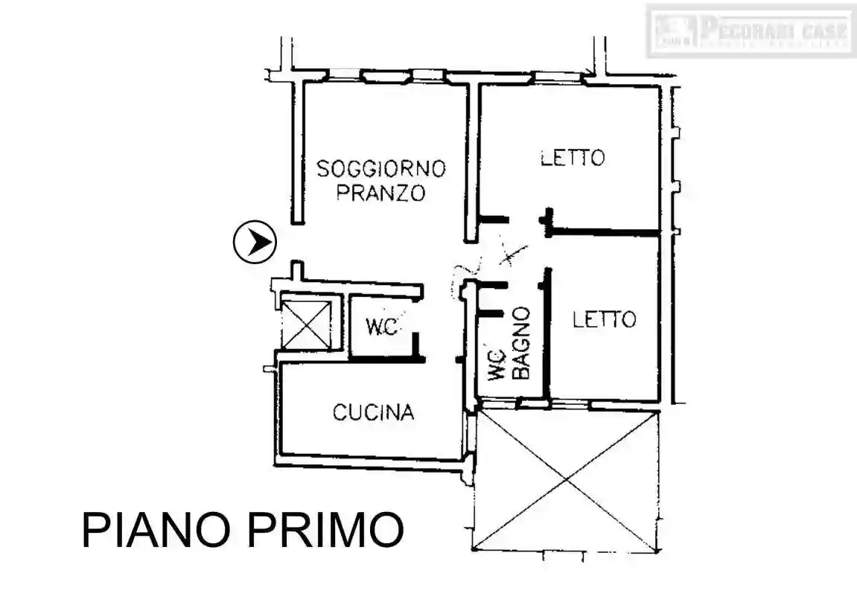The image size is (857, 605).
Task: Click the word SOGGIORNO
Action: [380, 168]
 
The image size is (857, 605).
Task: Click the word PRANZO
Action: [380, 193]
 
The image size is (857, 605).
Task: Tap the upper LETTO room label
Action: [572, 158]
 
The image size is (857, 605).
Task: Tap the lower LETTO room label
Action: [604, 319]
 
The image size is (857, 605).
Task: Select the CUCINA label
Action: [373, 412]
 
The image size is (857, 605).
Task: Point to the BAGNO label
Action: [522, 342]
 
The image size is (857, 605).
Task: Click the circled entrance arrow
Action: [255, 242]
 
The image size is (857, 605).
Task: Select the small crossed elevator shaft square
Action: [306, 323]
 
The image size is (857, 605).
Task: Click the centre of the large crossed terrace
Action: [567, 480]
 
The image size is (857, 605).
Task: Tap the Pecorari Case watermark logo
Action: [751, 31]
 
